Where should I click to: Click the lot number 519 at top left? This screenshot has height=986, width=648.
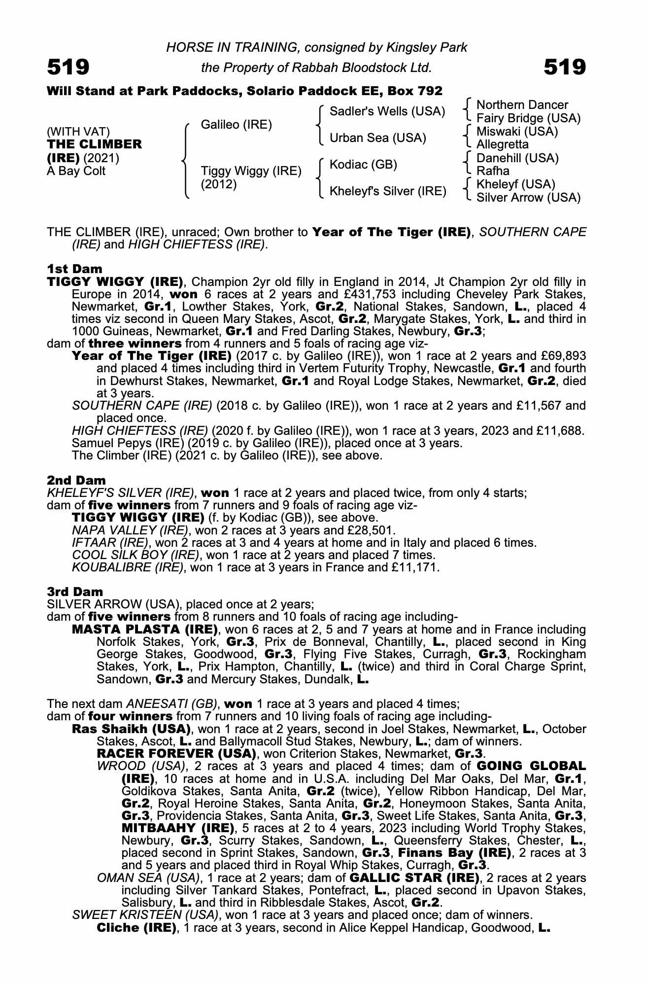pos(68,67)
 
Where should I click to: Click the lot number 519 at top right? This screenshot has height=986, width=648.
pos(565,67)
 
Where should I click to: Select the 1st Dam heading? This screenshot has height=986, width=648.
pos(74,269)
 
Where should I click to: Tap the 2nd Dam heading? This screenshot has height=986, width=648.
pos(76,480)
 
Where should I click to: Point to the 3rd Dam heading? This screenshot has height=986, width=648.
pos(75,592)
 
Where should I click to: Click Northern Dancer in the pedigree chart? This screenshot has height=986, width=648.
pos(522,105)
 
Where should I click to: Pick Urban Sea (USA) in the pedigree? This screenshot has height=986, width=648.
pos(377,138)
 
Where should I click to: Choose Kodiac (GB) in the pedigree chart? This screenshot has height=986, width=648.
pos(363,165)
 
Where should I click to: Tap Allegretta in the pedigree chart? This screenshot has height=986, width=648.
pos(503,144)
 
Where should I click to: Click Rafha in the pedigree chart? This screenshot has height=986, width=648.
pos(493,171)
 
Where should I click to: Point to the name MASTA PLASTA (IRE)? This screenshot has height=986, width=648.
pos(145,630)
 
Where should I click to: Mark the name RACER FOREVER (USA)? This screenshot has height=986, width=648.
pos(176,754)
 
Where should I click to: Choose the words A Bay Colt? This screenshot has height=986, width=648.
pos(76,171)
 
